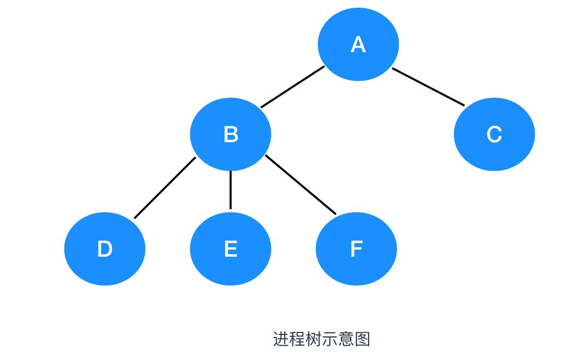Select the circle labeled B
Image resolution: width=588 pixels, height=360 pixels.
231,134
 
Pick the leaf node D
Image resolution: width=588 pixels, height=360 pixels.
104,249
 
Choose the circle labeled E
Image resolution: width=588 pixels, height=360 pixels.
231,249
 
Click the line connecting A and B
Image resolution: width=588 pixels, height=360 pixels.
292,87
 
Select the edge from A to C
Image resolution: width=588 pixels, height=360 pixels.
428,86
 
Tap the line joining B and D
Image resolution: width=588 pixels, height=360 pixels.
165,188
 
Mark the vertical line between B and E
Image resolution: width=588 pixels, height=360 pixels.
231,190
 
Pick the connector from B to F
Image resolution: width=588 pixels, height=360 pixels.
301,185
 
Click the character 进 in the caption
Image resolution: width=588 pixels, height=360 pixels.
281,339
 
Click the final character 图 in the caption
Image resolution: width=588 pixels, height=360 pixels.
363,339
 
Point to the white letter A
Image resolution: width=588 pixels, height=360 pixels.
358,45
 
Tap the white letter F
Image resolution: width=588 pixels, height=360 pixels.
356,249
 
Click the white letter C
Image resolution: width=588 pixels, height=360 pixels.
494,134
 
